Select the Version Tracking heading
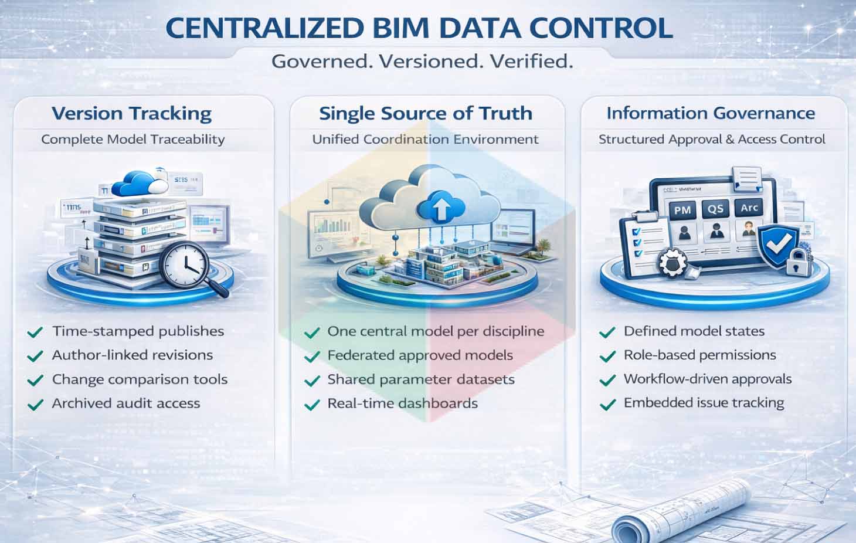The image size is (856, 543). [x=131, y=113]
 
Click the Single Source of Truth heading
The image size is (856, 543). [x=426, y=113]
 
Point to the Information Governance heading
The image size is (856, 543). [x=711, y=113]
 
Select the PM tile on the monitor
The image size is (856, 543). [x=682, y=210]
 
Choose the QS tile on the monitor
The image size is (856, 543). [x=716, y=209]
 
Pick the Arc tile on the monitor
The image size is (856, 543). [x=749, y=208]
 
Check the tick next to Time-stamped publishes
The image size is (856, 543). [x=35, y=332]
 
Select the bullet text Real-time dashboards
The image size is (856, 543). [x=402, y=403]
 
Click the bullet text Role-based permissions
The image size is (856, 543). [x=699, y=355]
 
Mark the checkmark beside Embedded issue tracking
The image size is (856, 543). [x=607, y=404]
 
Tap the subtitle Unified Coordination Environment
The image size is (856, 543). [x=425, y=140]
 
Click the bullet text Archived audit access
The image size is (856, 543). [x=126, y=403]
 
